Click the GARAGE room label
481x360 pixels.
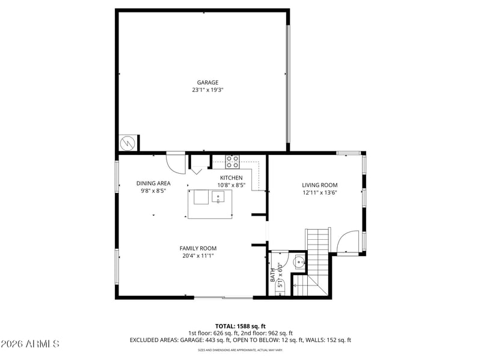(x=207, y=82)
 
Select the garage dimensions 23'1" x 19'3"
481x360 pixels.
(x=207, y=90)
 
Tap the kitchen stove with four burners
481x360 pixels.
(x=233, y=162)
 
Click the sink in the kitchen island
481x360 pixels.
(x=218, y=197)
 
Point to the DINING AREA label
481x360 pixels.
(x=153, y=183)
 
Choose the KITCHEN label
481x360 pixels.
(x=231, y=178)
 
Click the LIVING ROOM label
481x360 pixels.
(x=320, y=185)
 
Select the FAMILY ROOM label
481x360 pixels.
(x=198, y=248)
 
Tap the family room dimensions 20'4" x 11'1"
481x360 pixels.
(x=198, y=256)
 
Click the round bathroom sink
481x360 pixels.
(x=299, y=263)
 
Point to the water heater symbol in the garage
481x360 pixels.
(x=127, y=143)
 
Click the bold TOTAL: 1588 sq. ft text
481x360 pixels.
(x=240, y=326)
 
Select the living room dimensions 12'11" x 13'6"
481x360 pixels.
(x=320, y=192)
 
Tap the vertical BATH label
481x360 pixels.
(x=273, y=275)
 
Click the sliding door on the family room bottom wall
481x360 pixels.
(x=224, y=297)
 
